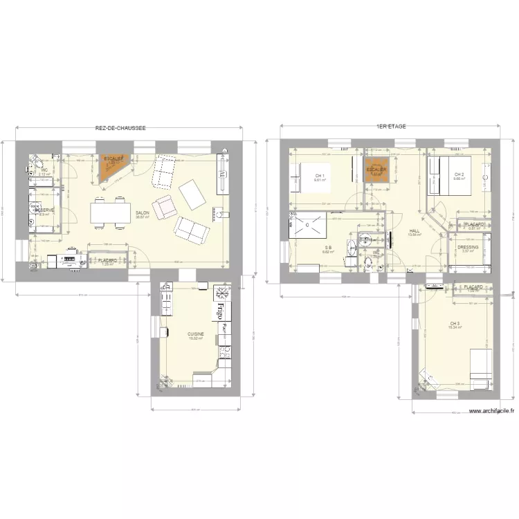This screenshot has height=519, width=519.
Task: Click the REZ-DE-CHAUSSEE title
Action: pyautogui.click(x=121, y=128)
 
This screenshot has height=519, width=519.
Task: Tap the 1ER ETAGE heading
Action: pyautogui.click(x=391, y=127)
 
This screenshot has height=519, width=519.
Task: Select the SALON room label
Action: pyautogui.click(x=142, y=213)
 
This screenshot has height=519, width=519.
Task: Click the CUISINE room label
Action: pyautogui.click(x=195, y=334)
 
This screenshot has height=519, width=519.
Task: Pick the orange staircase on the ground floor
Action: pyautogui.click(x=111, y=168)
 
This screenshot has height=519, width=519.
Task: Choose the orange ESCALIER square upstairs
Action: pyautogui.click(x=376, y=171)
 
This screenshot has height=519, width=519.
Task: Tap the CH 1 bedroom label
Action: pyautogui.click(x=319, y=175)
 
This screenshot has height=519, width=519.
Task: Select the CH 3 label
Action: pyautogui.click(x=455, y=324)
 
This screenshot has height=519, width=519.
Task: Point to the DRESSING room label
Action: pyautogui.click(x=468, y=247)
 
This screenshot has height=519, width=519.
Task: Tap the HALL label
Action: pyautogui.click(x=415, y=231)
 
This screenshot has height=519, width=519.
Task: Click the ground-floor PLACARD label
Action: pyautogui.click(x=107, y=260)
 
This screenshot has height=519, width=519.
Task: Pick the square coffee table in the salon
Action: pyautogui.click(x=192, y=194)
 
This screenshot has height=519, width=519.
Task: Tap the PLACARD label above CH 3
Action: pyautogui.click(x=473, y=286)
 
